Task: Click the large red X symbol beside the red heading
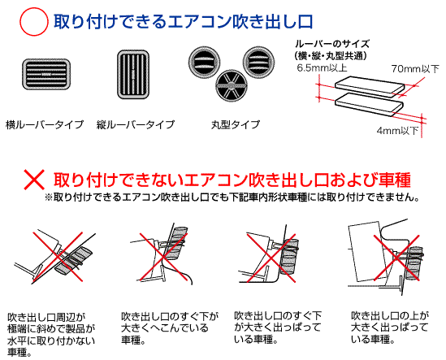click(x=34, y=180)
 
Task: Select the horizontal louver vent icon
click(x=46, y=74)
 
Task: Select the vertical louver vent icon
click(x=133, y=75)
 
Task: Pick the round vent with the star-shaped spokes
click(x=231, y=85)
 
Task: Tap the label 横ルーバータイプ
click(x=45, y=124)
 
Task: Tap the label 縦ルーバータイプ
click(x=136, y=124)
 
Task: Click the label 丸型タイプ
click(x=236, y=124)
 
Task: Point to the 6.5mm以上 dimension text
click(x=322, y=68)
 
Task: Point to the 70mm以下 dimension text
click(x=415, y=69)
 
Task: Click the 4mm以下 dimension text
click(x=397, y=131)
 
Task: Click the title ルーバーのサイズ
click(x=332, y=44)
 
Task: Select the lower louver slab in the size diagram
click(x=369, y=105)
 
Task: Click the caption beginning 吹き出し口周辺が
click(x=51, y=335)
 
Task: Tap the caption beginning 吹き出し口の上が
click(x=390, y=327)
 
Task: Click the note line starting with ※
click(x=232, y=197)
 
